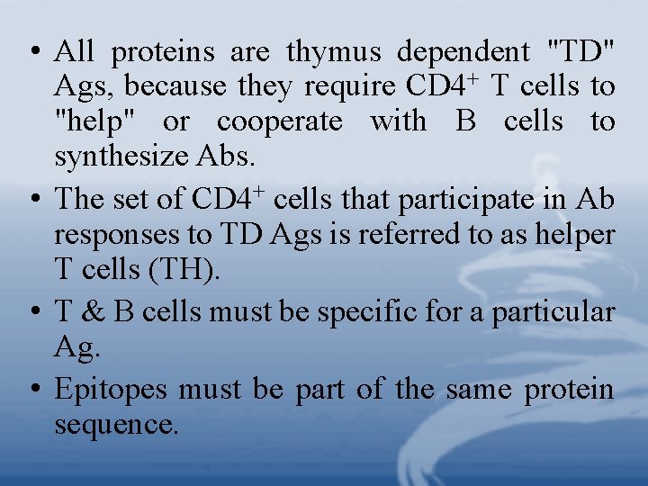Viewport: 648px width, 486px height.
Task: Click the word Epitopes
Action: (x=111, y=391)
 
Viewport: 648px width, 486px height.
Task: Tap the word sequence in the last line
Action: (x=116, y=425)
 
